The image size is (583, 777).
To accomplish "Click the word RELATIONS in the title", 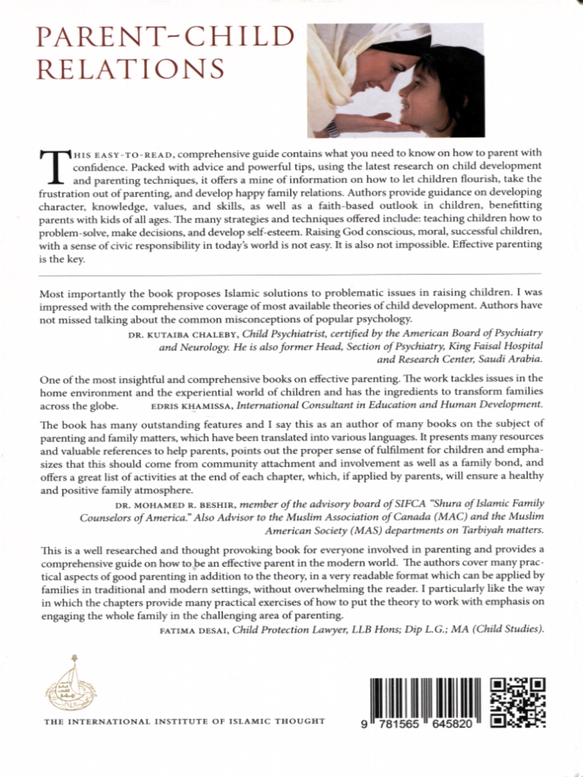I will (131, 68).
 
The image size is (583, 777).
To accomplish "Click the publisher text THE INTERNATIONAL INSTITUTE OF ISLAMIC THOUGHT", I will (185, 721).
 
